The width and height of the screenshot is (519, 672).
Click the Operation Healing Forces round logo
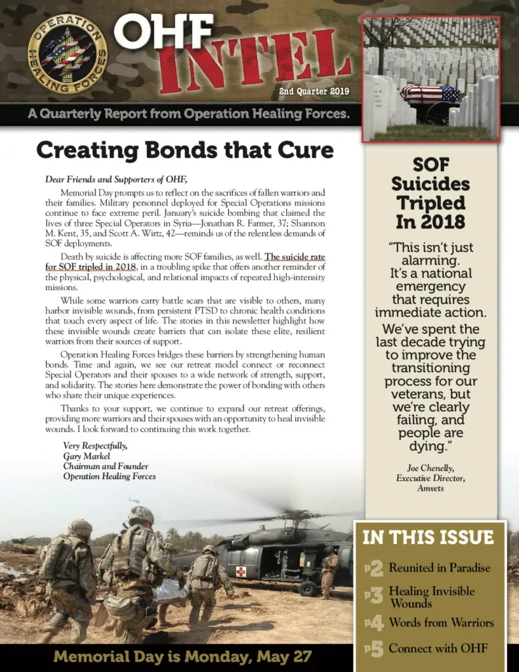click(x=68, y=54)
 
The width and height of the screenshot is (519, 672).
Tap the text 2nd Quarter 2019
click(x=314, y=92)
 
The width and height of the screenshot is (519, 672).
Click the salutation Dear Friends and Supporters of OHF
click(x=116, y=179)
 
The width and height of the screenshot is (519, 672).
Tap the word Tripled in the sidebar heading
click(x=430, y=202)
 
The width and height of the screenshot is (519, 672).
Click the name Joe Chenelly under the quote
click(x=430, y=468)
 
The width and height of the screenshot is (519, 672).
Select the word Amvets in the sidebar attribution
click(x=430, y=488)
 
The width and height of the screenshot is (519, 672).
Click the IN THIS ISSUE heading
click(x=428, y=537)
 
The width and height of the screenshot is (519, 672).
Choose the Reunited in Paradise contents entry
click(x=439, y=568)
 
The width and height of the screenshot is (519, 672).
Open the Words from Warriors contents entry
click(x=441, y=622)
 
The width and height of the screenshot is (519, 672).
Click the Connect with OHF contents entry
click(x=438, y=648)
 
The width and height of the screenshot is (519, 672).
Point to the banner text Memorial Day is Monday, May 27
click(x=182, y=656)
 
